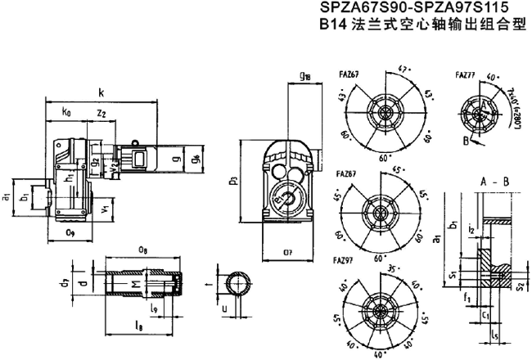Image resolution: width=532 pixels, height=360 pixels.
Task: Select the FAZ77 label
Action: pos(465,75)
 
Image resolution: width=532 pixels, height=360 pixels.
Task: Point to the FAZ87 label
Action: pos(345,173)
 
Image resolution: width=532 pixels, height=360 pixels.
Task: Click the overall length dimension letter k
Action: pos(101,92)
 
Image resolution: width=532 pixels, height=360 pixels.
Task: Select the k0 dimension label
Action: pos(65,110)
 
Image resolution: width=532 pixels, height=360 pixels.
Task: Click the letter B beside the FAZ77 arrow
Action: pos(467,140)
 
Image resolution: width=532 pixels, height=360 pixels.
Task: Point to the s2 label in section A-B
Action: pos(521,286)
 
